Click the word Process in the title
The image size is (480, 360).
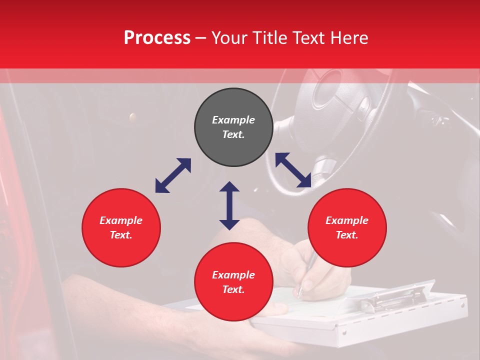[157, 38]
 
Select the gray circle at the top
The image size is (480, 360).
[233, 127]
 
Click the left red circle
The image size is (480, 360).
[121, 227]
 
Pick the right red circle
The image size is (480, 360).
[347, 227]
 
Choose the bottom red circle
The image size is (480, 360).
[233, 282]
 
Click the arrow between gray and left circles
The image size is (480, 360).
[173, 175]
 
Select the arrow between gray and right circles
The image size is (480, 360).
[293, 170]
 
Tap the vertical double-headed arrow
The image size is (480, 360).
[229, 205]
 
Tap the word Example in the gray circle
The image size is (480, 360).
[233, 120]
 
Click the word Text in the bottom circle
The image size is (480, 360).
[233, 289]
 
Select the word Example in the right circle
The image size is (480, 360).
[347, 220]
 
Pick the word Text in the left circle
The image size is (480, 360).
[121, 235]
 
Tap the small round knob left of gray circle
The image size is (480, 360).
[132, 117]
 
